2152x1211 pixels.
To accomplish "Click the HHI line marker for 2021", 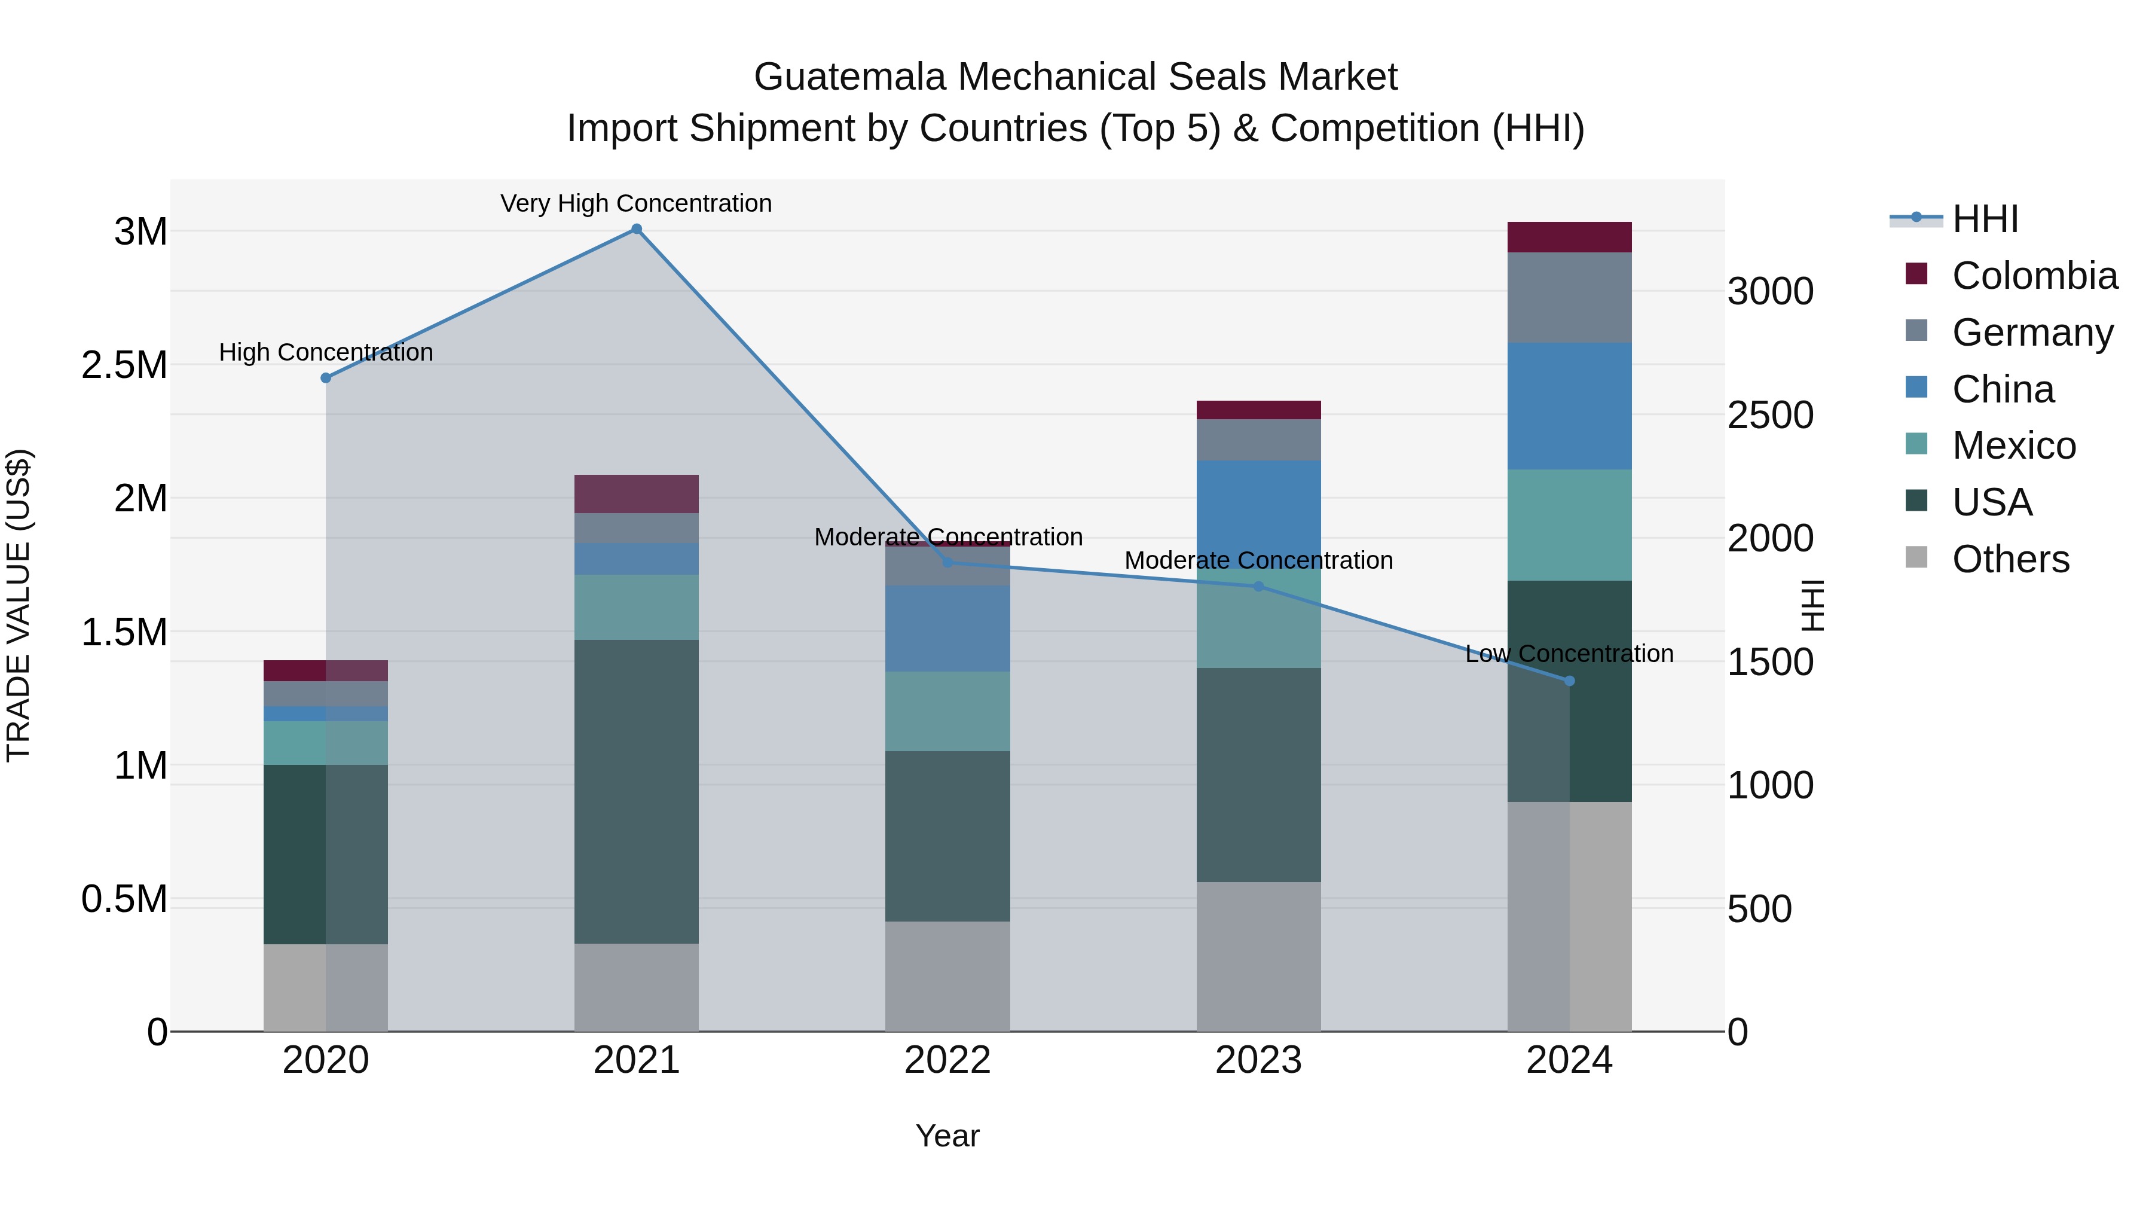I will (x=637, y=229).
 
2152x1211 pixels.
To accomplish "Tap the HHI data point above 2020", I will (x=326, y=378).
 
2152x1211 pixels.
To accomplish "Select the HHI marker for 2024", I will (x=1569, y=681).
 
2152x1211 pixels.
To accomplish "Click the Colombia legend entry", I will (x=2034, y=276).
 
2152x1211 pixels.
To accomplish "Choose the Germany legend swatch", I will (x=1916, y=331).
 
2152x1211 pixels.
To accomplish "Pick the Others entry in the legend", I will (x=2010, y=559).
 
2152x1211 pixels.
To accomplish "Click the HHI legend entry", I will (x=1985, y=219).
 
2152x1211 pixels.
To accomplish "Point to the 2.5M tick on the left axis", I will (x=124, y=365).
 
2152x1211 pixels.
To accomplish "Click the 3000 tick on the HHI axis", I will (x=1770, y=292).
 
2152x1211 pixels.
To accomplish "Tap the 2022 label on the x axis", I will (x=947, y=1060).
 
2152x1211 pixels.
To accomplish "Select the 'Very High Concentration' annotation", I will (x=636, y=203).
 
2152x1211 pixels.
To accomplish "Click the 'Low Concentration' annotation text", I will (x=1569, y=654).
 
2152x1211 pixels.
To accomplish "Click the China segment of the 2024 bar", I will (x=1569, y=405).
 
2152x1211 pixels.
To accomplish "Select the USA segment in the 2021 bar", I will (x=637, y=791).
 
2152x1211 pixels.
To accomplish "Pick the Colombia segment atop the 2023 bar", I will (x=1258, y=410).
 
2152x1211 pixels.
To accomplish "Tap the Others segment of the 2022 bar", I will (x=947, y=976).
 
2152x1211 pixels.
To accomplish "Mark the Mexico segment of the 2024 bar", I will (x=1569, y=525).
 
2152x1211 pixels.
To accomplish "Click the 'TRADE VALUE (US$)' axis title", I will (x=19, y=605).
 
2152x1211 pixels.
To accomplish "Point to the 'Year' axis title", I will (x=947, y=1136).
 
